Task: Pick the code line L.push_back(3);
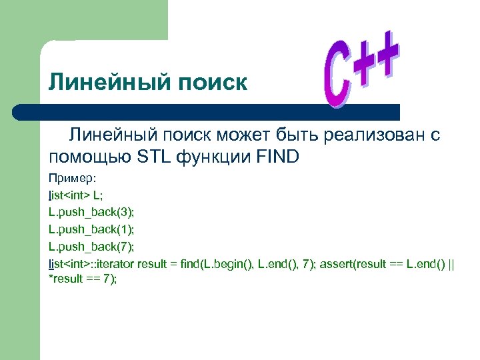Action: [x=91, y=212]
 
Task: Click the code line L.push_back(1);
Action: [x=91, y=229]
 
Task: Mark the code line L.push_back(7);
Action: [x=91, y=246]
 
